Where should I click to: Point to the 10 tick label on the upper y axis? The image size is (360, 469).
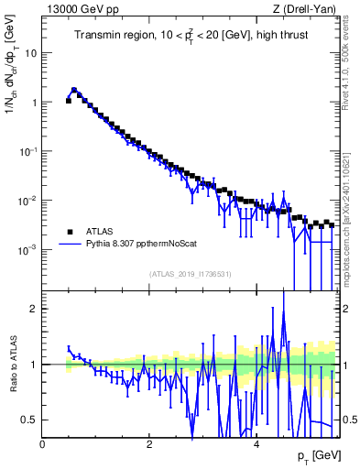[30, 53]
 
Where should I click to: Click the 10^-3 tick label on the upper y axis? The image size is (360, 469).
[28, 250]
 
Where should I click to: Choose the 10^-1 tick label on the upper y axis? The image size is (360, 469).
[28, 151]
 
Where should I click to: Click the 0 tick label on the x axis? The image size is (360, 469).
[42, 443]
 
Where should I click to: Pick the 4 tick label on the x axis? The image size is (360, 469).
[256, 443]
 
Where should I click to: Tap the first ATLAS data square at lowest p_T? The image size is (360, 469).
[69, 101]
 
